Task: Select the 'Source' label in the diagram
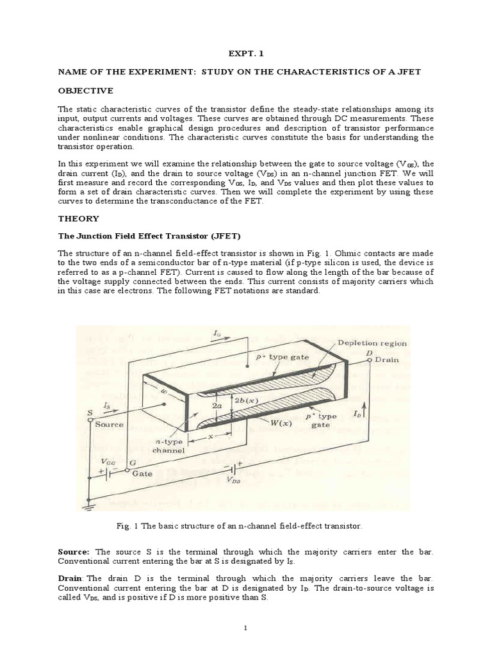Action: [x=109, y=424]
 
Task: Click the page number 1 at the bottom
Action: [x=245, y=627]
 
